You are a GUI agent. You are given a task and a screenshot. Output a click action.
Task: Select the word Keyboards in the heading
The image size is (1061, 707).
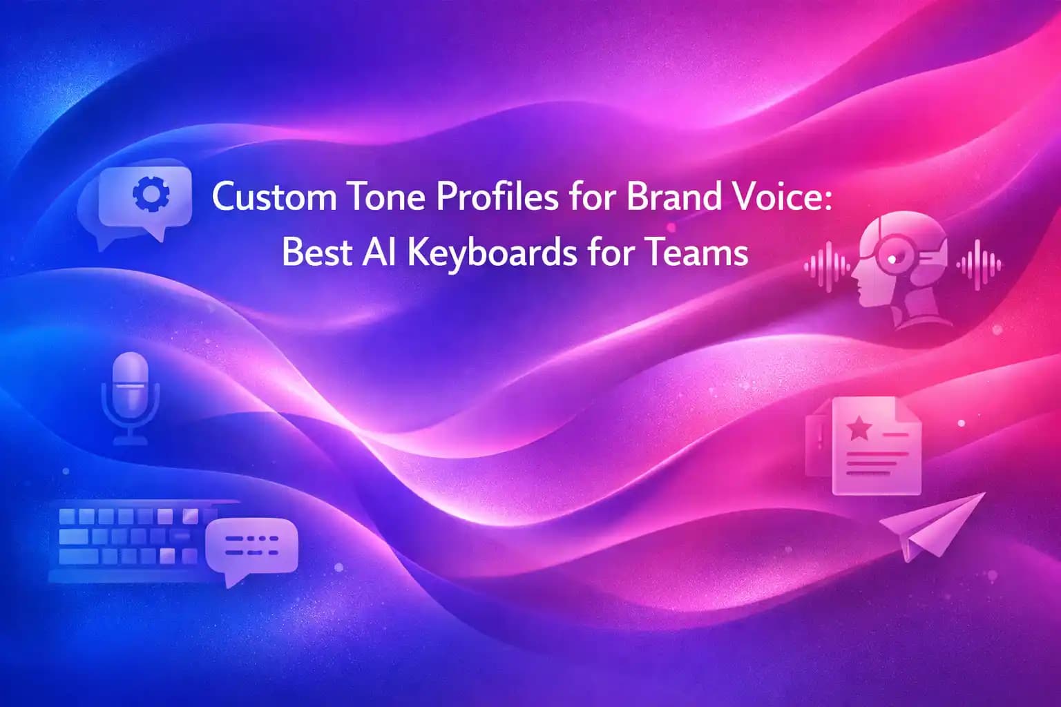(491, 253)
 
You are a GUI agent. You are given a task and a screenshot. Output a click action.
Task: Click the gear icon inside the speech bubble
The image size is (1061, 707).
(150, 194)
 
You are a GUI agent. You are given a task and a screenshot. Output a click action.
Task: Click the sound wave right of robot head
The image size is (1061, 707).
(979, 265)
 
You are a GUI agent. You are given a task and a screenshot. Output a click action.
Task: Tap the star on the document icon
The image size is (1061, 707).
(859, 428)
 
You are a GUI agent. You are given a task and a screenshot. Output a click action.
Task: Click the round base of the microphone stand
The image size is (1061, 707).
(130, 440)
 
